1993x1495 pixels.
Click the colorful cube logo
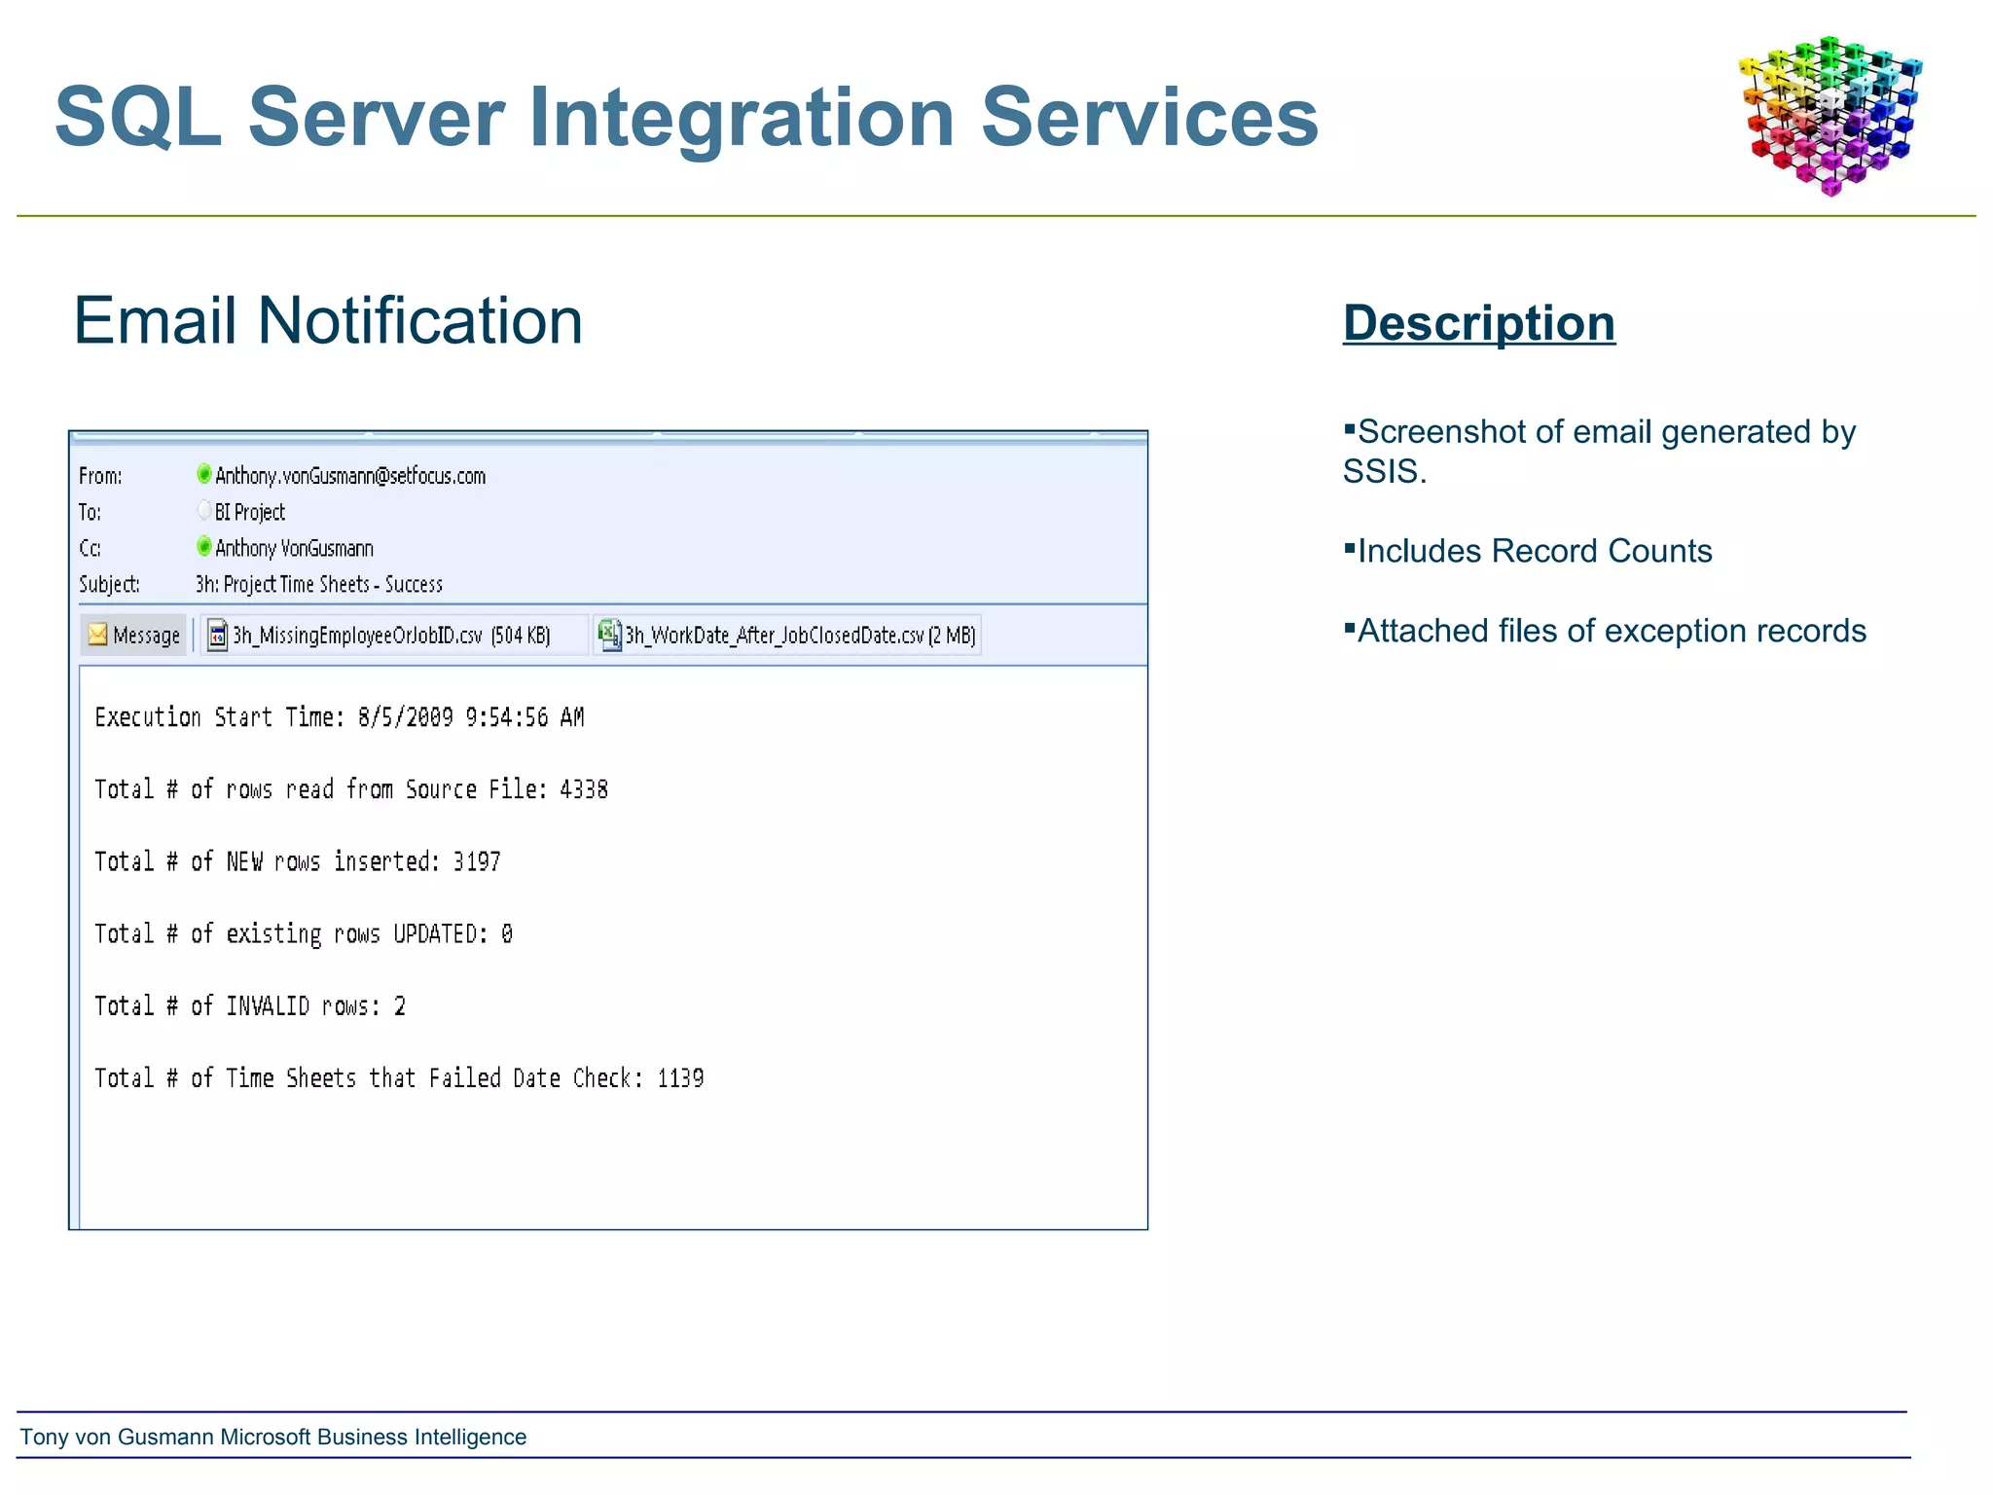pyautogui.click(x=1830, y=115)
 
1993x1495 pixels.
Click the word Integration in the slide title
pyautogui.click(x=741, y=118)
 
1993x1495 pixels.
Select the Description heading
pyautogui.click(x=1478, y=323)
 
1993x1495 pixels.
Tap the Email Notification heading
pyautogui.click(x=328, y=320)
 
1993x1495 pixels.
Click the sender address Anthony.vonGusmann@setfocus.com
pyautogui.click(x=349, y=476)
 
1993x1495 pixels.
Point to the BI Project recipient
pyautogui.click(x=249, y=512)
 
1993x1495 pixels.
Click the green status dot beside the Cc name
pyautogui.click(x=203, y=546)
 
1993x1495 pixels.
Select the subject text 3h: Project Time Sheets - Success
pyautogui.click(x=318, y=584)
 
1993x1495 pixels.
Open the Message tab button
pyautogui.click(x=134, y=636)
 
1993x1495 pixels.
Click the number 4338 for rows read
pyautogui.click(x=583, y=789)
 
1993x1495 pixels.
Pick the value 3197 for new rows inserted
pyautogui.click(x=477, y=861)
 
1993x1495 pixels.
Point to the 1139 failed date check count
pyautogui.click(x=680, y=1078)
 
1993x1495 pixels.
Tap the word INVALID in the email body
pyautogui.click(x=268, y=1005)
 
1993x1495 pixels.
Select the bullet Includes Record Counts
pyautogui.click(x=1534, y=551)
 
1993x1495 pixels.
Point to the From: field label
pyautogui.click(x=100, y=476)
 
